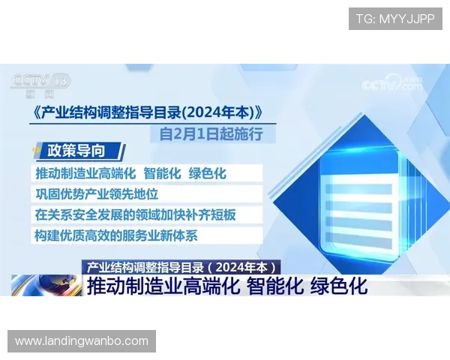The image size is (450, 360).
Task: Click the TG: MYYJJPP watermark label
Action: coord(395,19)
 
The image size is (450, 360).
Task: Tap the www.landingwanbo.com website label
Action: coord(81,341)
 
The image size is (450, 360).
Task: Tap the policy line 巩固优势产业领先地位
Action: coord(97,194)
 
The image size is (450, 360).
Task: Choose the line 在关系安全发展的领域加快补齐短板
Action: coord(136,214)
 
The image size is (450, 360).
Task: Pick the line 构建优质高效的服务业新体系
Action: coord(116,235)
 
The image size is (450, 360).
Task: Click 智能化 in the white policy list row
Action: coord(162,173)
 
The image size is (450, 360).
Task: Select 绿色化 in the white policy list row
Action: coord(207,173)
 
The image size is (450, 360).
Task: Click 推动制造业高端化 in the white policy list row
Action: coord(85,173)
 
